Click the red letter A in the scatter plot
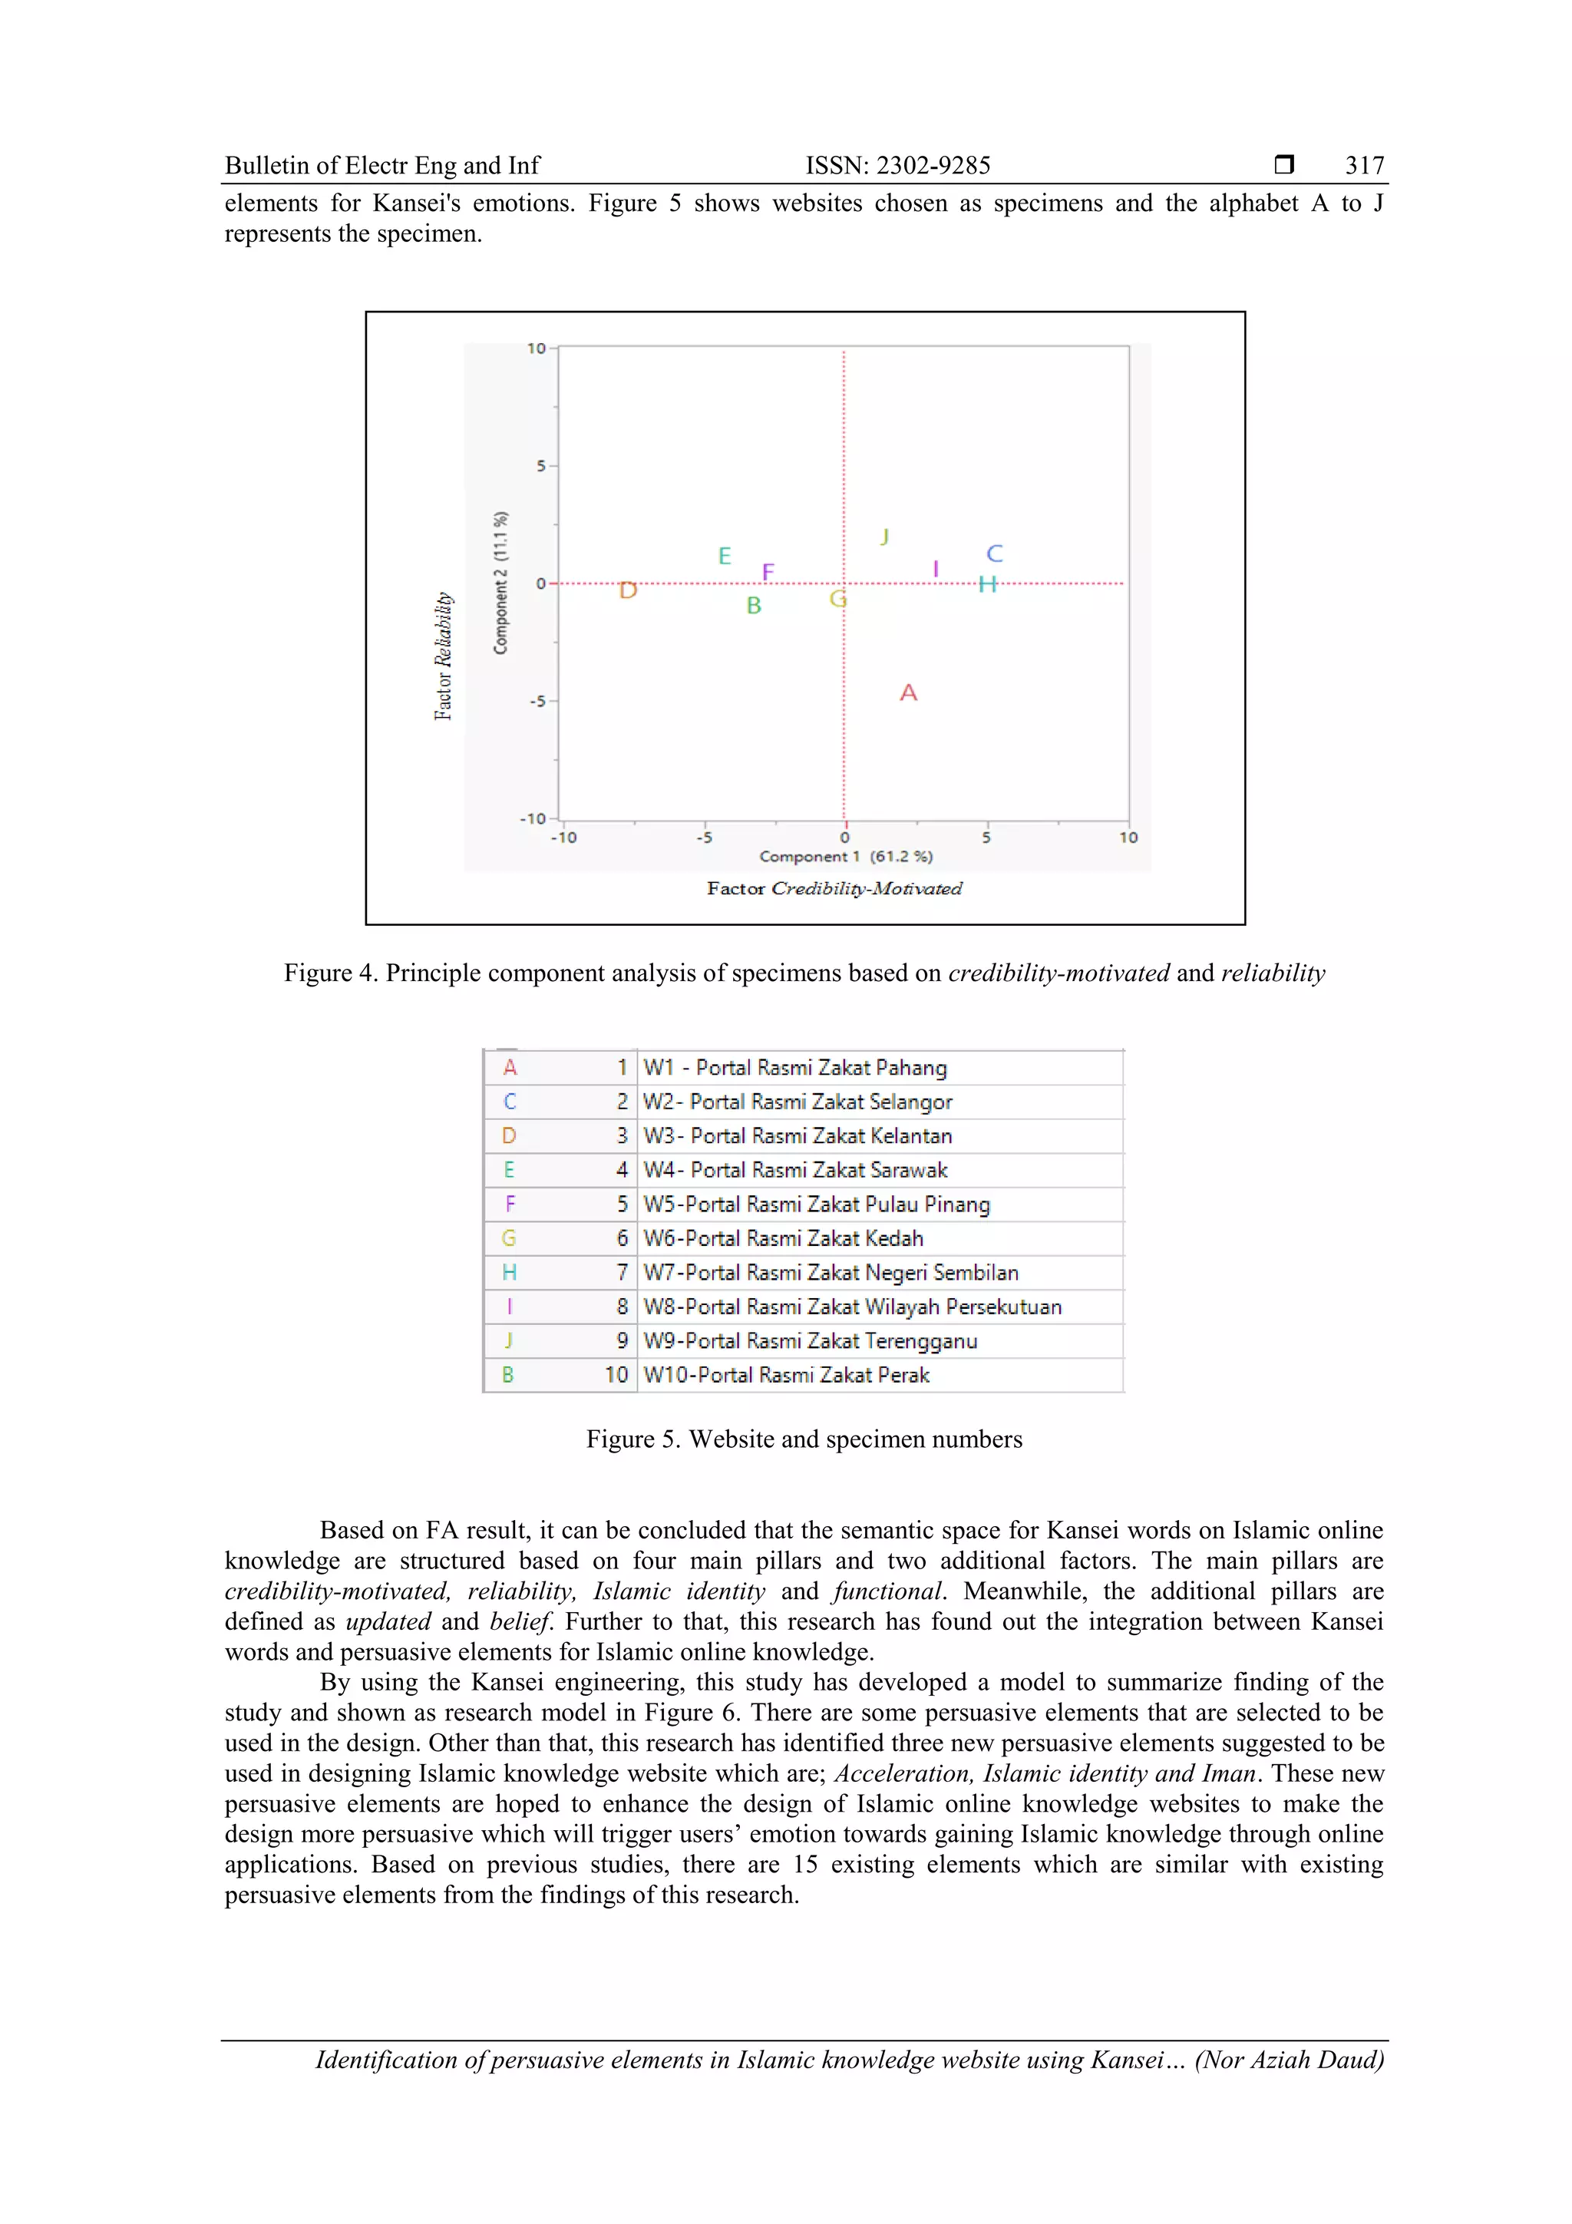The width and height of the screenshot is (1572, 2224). pos(907,692)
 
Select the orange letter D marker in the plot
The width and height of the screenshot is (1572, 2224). pos(628,590)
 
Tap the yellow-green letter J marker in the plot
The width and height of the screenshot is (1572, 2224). pos(884,536)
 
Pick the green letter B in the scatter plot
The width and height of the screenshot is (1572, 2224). pos(754,606)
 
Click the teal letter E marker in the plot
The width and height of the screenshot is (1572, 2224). pos(725,555)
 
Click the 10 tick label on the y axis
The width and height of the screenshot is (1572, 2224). pos(536,348)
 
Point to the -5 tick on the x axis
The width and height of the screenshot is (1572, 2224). pos(704,837)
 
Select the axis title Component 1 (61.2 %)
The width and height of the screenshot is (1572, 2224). pos(846,856)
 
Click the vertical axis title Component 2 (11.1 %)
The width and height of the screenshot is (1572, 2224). pos(500,582)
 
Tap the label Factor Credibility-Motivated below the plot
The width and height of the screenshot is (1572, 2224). pos(834,888)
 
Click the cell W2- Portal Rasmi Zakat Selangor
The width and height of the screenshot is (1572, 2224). pos(798,1102)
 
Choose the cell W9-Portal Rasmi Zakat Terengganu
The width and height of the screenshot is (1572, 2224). pos(810,1340)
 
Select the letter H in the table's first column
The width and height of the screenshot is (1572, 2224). pos(508,1273)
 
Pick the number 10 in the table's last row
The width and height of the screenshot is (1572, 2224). pos(616,1374)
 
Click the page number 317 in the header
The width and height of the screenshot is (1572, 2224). pos(1364,166)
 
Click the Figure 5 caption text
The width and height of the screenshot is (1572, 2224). pos(803,1439)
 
